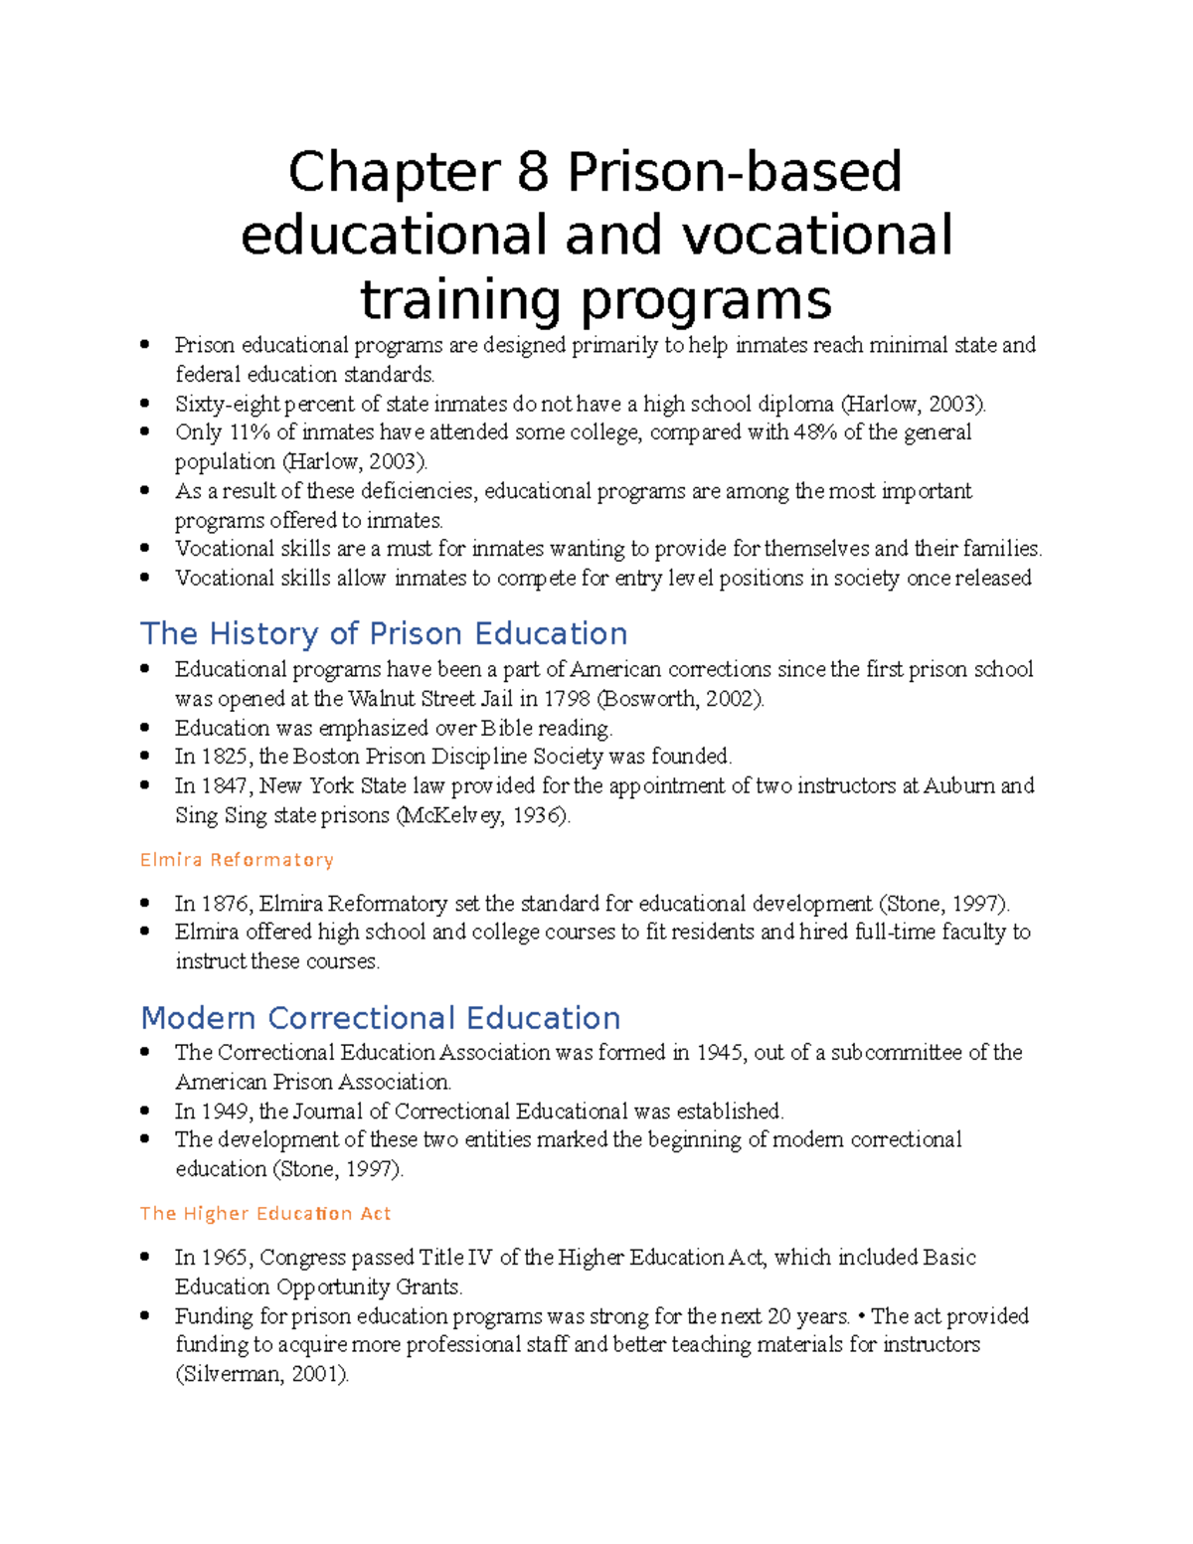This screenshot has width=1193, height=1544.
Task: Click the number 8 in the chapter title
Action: [x=532, y=172]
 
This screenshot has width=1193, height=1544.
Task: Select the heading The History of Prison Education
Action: [x=384, y=633]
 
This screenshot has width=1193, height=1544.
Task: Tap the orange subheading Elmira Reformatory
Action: [x=237, y=859]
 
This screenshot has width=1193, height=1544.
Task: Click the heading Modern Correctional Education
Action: [x=381, y=1017]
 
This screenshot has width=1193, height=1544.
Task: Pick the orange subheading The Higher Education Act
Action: [x=265, y=1213]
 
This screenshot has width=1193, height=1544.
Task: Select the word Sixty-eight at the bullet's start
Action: [x=229, y=404]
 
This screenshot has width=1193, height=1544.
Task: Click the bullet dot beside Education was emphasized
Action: [x=145, y=728]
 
